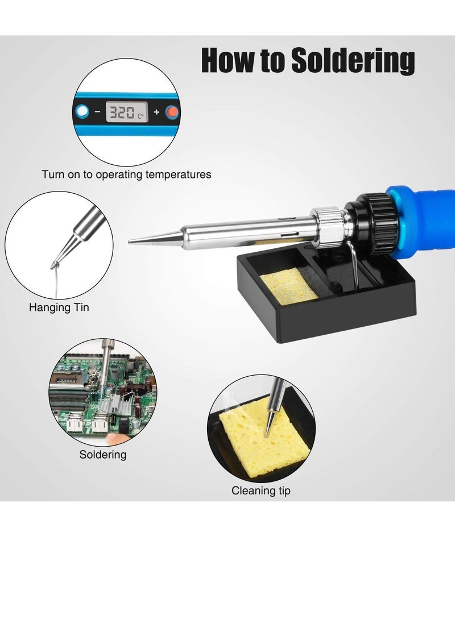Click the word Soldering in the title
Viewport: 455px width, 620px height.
353,61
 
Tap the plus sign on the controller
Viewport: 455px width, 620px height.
156,112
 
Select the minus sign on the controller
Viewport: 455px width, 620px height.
97,112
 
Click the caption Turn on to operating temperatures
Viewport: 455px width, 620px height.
126,174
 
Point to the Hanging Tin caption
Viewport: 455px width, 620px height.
59,308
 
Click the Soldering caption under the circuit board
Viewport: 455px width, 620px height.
102,455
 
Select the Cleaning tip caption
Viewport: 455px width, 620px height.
260,490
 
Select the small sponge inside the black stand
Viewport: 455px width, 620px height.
288,285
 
